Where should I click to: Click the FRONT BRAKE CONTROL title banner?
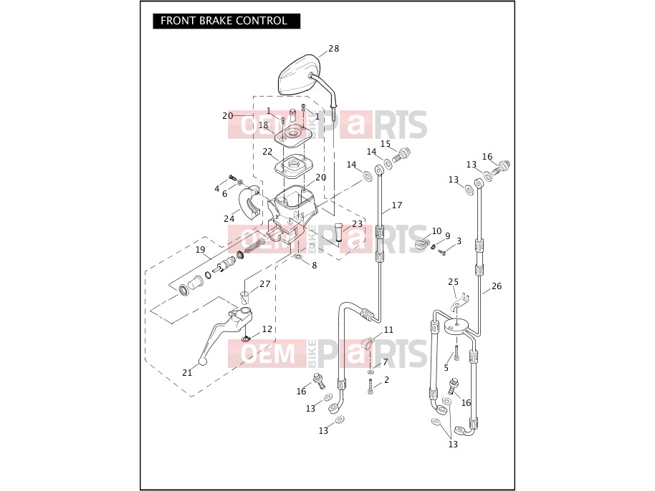(x=226, y=21)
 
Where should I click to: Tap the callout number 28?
(x=334, y=49)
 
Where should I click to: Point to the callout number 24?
(x=229, y=218)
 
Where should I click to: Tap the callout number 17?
(x=397, y=205)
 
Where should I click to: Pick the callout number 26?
(x=496, y=286)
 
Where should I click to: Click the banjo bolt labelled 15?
(x=401, y=155)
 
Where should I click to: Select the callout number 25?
(x=453, y=282)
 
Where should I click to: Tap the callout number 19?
(x=201, y=250)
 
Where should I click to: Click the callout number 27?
(x=265, y=284)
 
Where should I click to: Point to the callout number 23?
(x=357, y=224)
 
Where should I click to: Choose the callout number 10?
(x=436, y=231)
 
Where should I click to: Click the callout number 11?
(x=388, y=330)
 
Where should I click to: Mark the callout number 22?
(x=267, y=152)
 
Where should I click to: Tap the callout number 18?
(x=263, y=125)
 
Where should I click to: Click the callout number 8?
(x=314, y=266)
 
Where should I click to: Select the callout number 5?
(x=446, y=368)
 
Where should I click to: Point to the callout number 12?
(x=267, y=329)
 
